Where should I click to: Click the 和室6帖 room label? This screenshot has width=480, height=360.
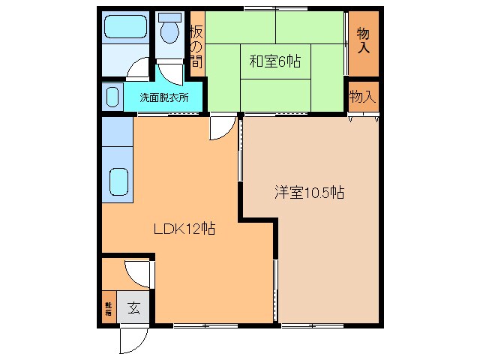tap(274, 62)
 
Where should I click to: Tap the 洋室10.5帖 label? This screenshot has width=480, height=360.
tap(308, 193)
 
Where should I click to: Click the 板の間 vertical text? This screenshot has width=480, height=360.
tap(196, 46)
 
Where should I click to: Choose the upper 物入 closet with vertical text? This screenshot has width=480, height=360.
tap(363, 41)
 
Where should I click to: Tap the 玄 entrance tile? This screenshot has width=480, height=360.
tap(133, 307)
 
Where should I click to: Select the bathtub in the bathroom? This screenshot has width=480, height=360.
tap(126, 28)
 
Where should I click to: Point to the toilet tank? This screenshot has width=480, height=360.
tap(169, 16)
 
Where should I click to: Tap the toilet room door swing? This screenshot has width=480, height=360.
tap(170, 71)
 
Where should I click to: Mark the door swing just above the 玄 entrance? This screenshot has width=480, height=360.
tap(139, 271)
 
